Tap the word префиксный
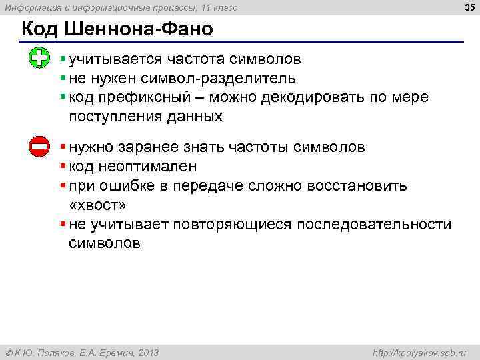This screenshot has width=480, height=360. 149,98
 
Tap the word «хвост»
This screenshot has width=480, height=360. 97,205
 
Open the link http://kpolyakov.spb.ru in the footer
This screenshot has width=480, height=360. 418,352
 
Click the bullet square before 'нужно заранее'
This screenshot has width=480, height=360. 62,146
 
